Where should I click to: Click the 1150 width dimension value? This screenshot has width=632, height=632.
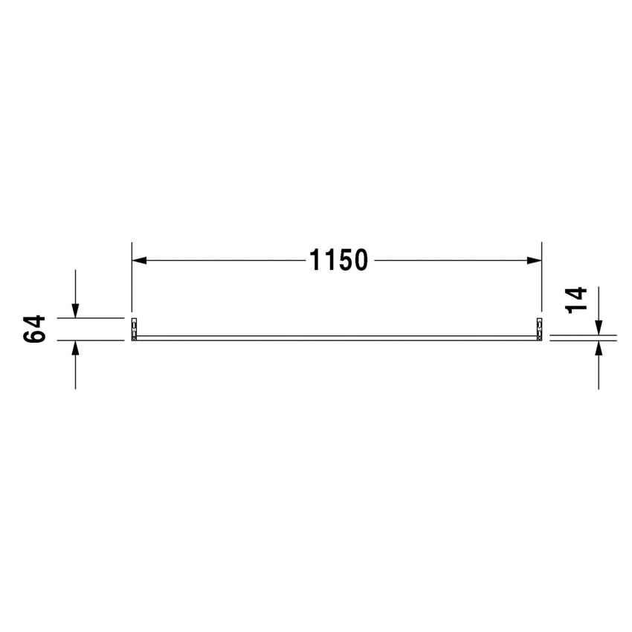[338, 261]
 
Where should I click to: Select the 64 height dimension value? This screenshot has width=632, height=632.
[35, 329]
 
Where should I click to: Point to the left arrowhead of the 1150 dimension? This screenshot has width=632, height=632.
[139, 261]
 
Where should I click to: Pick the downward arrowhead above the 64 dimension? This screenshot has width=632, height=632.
[75, 310]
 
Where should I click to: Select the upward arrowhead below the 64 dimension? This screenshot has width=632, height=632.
[75, 348]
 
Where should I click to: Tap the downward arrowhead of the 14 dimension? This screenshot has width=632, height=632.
[599, 326]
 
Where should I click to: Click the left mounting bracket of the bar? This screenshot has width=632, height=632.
[134, 329]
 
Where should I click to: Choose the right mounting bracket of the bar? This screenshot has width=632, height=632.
[538, 329]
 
